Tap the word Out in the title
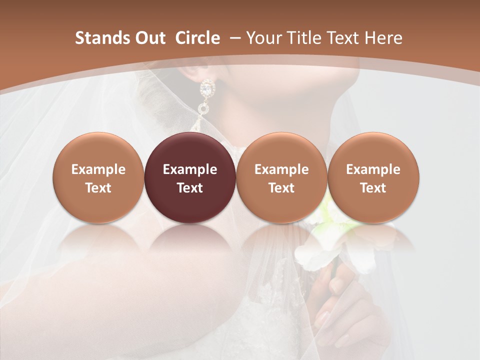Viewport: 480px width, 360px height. point(149,38)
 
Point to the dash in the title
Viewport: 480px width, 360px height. point(233,38)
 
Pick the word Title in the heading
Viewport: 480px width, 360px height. point(301,38)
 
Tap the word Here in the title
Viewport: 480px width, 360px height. point(381,38)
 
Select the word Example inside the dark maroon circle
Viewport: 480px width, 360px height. point(190,169)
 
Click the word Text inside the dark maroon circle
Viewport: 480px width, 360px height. point(190,188)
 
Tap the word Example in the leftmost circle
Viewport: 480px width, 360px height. point(98,169)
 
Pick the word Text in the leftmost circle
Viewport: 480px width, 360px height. point(98,188)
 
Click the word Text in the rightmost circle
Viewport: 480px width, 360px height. point(373,188)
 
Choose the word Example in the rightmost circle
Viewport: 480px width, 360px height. point(373,169)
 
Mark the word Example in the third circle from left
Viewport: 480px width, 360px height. point(281,169)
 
